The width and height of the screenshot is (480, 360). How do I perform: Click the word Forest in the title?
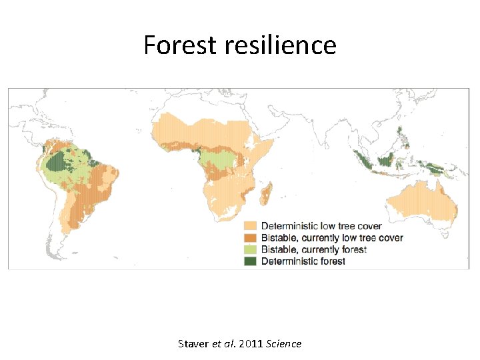(x=171, y=45)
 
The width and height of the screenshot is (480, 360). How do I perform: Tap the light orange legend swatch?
(x=251, y=226)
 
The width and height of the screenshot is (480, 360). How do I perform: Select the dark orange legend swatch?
(x=251, y=238)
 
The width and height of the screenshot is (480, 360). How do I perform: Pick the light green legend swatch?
(x=251, y=249)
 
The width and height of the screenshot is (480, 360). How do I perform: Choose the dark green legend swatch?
(x=251, y=261)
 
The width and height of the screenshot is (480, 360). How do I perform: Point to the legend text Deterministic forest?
(x=303, y=261)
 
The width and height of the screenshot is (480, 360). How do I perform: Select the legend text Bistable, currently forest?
(x=314, y=249)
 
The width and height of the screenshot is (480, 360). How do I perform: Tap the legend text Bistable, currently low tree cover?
(x=332, y=238)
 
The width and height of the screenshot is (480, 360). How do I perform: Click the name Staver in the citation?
(x=193, y=344)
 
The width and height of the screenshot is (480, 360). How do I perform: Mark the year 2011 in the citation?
(x=249, y=344)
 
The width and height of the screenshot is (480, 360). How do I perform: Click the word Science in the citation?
(x=283, y=344)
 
